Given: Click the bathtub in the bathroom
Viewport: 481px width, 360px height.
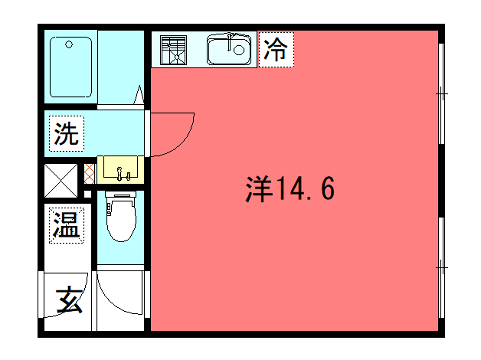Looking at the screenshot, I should point(71,66).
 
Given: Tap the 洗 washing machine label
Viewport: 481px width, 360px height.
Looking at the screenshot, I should point(66,133).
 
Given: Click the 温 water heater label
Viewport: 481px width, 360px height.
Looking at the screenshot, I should point(66,224).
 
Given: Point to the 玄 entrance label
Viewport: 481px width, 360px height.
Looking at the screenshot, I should point(68,299).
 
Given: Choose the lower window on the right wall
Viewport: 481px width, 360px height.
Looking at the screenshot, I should point(442,266).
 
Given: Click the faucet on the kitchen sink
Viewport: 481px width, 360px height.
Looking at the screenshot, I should point(231,40).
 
